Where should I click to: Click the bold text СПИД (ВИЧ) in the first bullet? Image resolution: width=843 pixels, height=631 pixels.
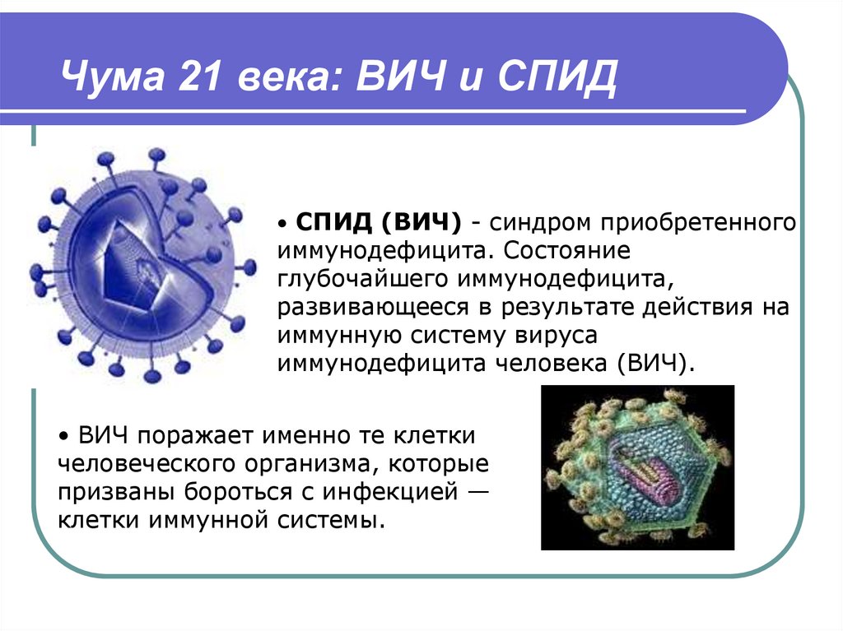(x=379, y=222)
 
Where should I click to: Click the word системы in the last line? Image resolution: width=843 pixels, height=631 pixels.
(x=334, y=520)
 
